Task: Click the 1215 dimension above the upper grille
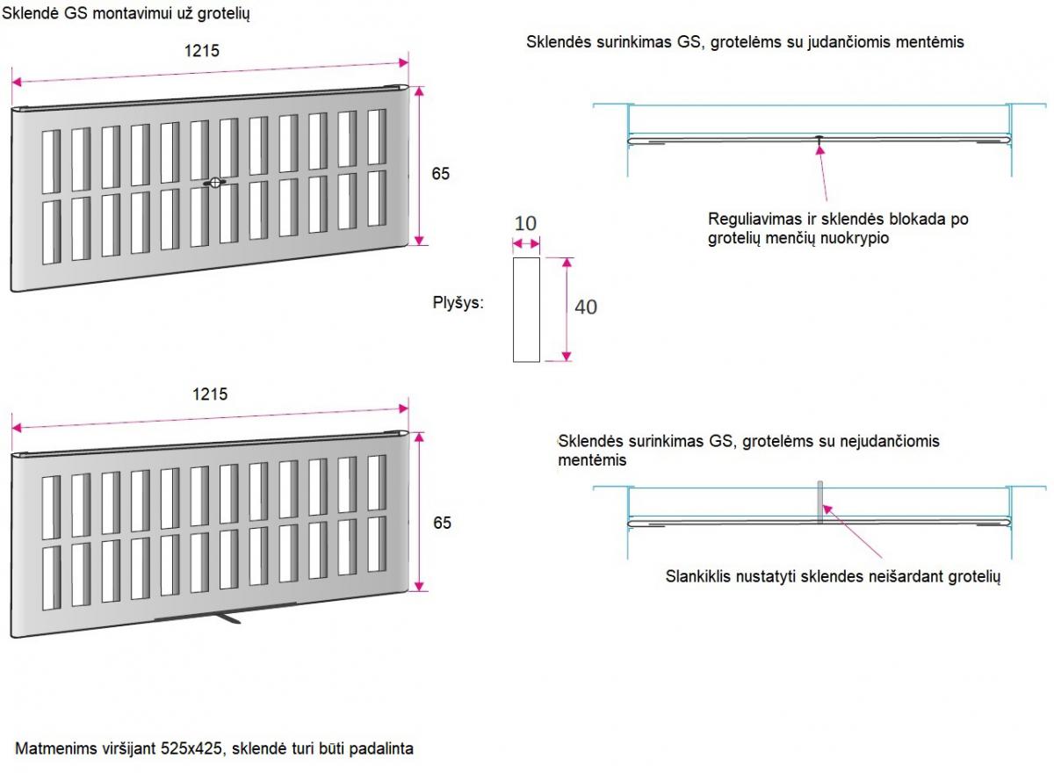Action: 201,51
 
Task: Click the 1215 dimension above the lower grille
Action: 210,394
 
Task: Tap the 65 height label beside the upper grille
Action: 440,174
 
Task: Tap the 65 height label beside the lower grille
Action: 442,523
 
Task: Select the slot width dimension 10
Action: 525,223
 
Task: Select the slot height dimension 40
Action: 585,307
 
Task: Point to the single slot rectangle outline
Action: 513,309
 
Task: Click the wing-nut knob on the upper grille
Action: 214,183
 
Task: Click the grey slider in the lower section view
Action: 820,502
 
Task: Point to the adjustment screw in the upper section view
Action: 819,138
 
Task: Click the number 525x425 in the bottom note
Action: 191,748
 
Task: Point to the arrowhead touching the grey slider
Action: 827,509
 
